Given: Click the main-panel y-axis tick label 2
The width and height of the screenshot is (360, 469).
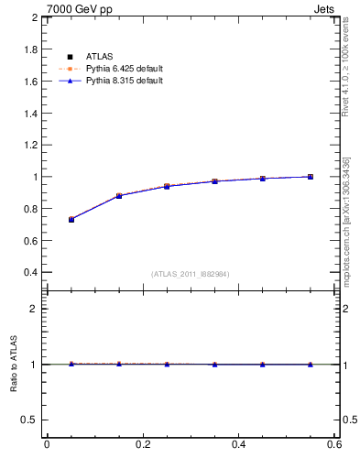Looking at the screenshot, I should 34,17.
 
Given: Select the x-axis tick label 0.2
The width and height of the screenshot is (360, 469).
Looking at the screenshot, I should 143,445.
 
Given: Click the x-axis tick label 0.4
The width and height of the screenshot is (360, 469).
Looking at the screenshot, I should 239,445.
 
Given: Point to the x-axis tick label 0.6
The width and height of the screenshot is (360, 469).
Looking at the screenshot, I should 334,445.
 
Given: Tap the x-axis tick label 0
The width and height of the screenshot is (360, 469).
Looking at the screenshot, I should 47,445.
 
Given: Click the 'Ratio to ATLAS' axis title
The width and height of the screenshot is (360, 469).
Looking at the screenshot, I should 13,365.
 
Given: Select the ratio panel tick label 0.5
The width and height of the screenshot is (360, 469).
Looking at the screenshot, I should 29,420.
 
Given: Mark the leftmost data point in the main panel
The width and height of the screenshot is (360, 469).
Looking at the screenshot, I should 71,219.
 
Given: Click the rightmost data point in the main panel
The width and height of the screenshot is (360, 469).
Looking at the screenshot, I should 311,177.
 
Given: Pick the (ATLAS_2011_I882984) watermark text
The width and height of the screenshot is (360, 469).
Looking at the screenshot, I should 191,274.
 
